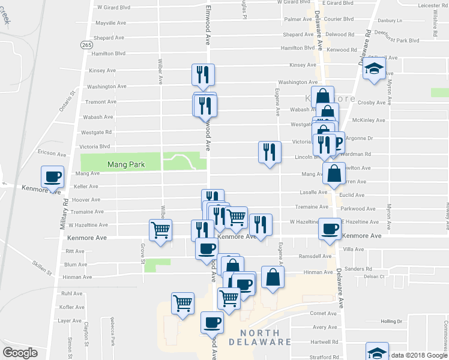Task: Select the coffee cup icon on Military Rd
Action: click(52, 177)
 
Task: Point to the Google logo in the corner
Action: click(20, 352)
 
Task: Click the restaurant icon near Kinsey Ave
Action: click(203, 74)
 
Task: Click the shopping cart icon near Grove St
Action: click(161, 230)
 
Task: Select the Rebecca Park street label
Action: click(112, 332)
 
